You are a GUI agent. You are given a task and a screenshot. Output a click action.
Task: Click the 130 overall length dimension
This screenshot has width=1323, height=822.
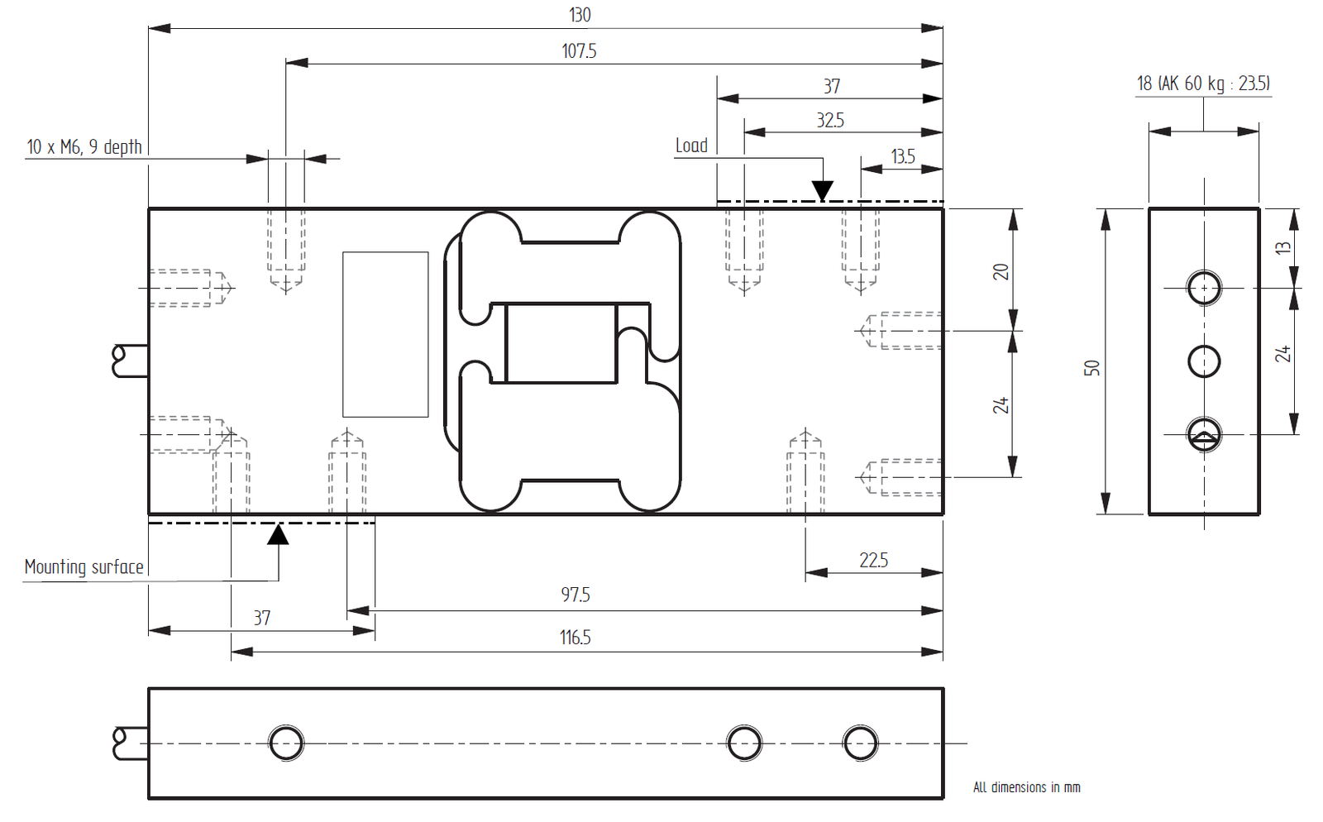[580, 15]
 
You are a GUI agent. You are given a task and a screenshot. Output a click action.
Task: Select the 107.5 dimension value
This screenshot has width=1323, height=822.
[579, 51]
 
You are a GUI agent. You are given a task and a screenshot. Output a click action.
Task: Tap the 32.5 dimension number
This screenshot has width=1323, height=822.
[830, 121]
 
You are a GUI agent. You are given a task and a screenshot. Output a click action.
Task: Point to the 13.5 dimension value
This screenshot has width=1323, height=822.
[902, 156]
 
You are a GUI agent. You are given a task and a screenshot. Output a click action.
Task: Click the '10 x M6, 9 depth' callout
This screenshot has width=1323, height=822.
[84, 147]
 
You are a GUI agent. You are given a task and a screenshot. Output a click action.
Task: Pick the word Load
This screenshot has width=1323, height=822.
[691, 146]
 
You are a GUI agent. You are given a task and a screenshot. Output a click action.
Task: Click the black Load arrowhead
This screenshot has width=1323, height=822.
[822, 190]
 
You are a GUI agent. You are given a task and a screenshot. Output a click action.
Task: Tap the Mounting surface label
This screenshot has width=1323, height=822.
[84, 567]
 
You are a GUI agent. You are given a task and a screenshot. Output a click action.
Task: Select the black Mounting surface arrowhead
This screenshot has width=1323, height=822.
[278, 534]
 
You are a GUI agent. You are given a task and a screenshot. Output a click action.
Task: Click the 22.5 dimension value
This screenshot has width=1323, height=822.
[873, 560]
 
